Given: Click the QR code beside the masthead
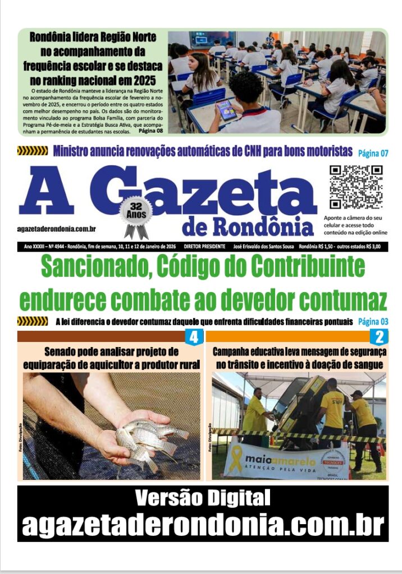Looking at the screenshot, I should (355, 187).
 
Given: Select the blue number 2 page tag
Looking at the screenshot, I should (379, 337).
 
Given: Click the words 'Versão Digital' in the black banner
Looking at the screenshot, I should (203, 497).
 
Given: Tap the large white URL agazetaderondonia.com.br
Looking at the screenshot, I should (203, 525).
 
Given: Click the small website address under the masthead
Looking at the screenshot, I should (57, 229).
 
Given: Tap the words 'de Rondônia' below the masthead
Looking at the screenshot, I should (248, 226).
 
